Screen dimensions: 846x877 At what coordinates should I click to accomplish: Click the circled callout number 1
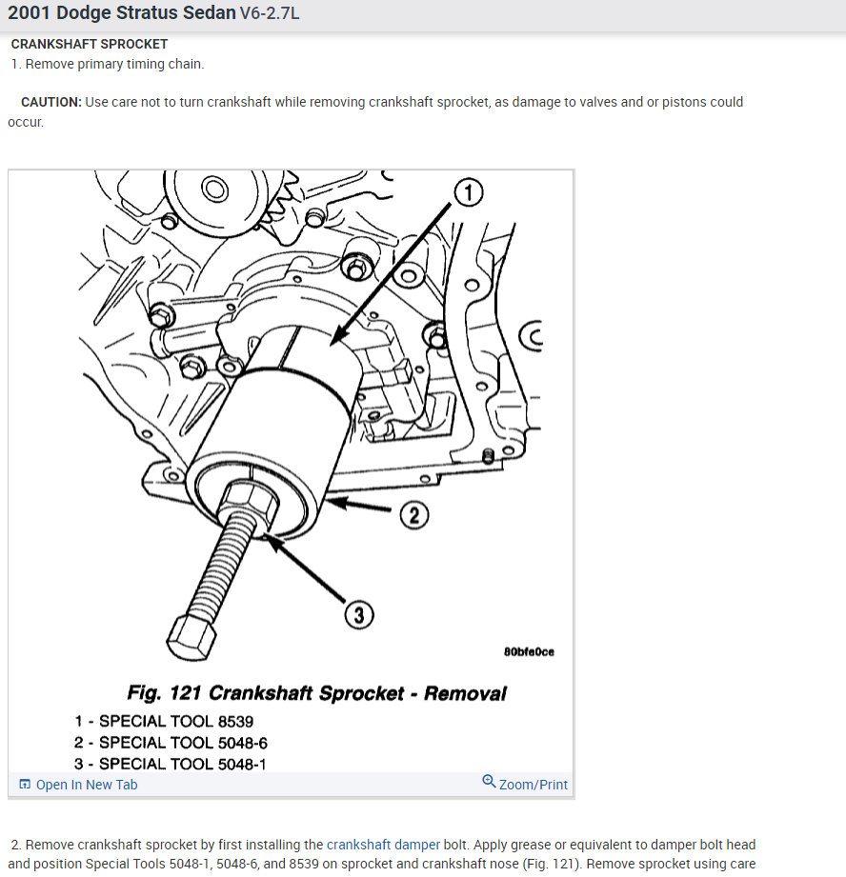point(469,192)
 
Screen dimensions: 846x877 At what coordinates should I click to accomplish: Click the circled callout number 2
point(414,515)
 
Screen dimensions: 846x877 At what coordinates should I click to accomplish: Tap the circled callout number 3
point(358,615)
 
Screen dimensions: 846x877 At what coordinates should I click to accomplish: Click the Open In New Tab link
point(87,785)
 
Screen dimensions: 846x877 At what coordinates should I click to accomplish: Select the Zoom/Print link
point(534,785)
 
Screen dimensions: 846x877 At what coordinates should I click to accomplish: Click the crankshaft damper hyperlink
point(383,845)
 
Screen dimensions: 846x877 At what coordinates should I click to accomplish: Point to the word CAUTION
point(50,102)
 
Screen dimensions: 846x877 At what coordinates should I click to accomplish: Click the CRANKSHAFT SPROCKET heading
point(89,44)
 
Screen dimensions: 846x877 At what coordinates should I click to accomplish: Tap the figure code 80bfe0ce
point(529,652)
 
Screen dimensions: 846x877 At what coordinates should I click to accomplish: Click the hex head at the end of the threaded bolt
point(191,637)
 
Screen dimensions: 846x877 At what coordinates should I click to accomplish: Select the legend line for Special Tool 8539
point(164,722)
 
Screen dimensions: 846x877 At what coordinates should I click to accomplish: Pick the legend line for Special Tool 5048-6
point(171,743)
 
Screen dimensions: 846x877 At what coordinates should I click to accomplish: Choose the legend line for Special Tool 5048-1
point(171,764)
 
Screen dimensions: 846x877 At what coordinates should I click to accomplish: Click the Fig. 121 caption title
point(316,693)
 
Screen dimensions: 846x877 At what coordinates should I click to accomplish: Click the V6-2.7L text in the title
point(270,13)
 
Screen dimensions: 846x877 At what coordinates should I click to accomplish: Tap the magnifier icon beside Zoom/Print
point(489,781)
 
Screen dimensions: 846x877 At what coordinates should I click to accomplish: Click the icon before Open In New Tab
point(25,784)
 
